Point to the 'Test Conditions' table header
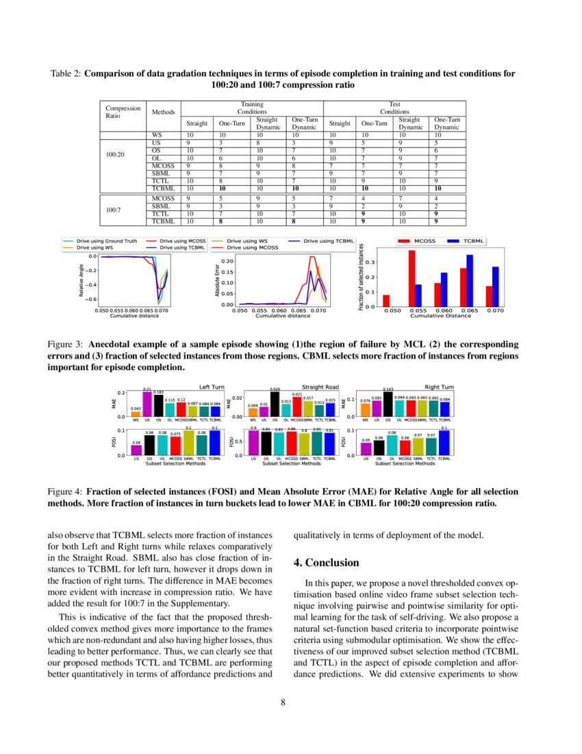(x=394, y=108)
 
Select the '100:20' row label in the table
(x=116, y=155)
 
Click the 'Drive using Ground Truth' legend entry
(x=103, y=241)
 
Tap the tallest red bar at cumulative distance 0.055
(x=412, y=278)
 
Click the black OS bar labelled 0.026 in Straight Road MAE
(x=275, y=404)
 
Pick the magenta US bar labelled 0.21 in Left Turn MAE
(x=147, y=404)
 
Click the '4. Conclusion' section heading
(x=326, y=563)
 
